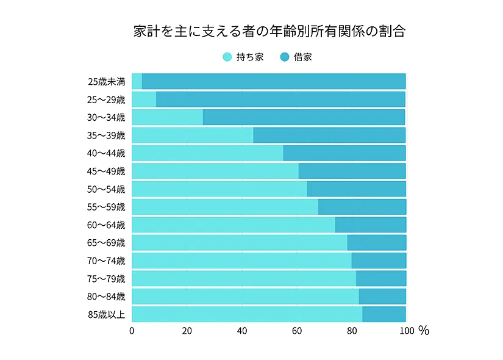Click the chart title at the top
(269, 32)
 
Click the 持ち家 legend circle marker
(227, 57)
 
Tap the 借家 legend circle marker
(284, 57)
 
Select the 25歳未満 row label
(107, 81)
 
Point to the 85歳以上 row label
(107, 315)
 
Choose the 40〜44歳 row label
(107, 153)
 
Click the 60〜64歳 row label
(107, 225)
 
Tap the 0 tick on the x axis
(132, 331)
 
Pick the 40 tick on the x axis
(241, 331)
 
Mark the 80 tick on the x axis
(352, 331)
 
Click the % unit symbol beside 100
(424, 331)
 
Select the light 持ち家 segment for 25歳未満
(137, 81)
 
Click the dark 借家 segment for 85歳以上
(384, 315)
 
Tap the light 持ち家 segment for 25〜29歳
(144, 99)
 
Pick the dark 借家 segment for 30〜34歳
(304, 117)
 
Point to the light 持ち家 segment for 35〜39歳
(192, 135)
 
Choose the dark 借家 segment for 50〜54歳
(357, 189)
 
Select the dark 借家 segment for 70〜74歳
(379, 261)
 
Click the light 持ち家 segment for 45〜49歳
(215, 171)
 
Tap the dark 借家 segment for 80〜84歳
(382, 297)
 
